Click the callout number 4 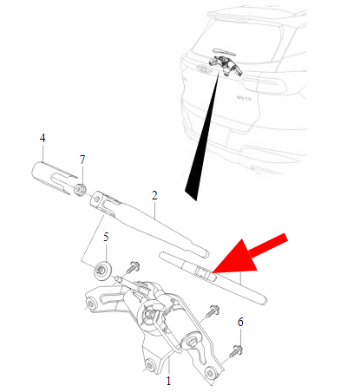point(43,138)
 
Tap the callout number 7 point(82,160)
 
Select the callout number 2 point(154,195)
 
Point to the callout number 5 point(106,237)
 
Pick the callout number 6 point(240,322)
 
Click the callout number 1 point(168,381)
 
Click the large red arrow point(249,255)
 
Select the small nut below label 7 point(79,189)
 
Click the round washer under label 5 point(102,271)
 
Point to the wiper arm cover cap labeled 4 point(51,177)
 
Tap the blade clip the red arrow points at point(205,273)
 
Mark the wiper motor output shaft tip point(118,278)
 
